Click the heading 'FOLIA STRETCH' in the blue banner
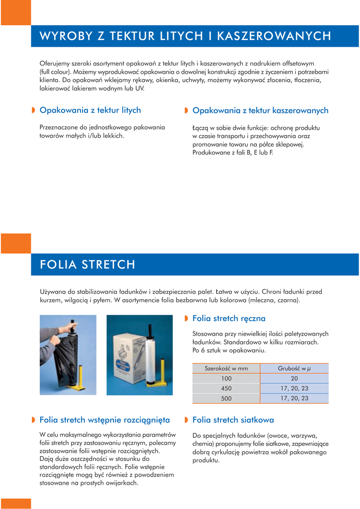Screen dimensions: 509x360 click(x=88, y=264)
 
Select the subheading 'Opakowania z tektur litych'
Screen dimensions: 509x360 click(x=90, y=110)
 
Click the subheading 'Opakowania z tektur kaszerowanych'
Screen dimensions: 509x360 click(x=260, y=110)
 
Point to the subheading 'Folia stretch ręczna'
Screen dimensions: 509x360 click(x=229, y=318)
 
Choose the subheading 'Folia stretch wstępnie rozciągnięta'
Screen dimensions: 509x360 click(x=104, y=420)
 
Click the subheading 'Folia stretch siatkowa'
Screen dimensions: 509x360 click(x=233, y=420)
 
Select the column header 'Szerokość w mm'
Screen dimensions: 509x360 click(x=226, y=368)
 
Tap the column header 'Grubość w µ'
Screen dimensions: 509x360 click(x=294, y=368)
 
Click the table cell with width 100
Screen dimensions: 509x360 click(x=226, y=378)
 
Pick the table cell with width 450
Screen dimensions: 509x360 click(x=226, y=388)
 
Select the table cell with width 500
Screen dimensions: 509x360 click(x=226, y=398)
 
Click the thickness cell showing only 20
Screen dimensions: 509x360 click(x=294, y=378)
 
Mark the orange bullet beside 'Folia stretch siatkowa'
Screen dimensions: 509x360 click(x=186, y=420)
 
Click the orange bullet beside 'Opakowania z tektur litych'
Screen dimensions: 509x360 click(x=33, y=110)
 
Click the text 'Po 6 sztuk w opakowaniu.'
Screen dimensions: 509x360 click(x=229, y=350)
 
